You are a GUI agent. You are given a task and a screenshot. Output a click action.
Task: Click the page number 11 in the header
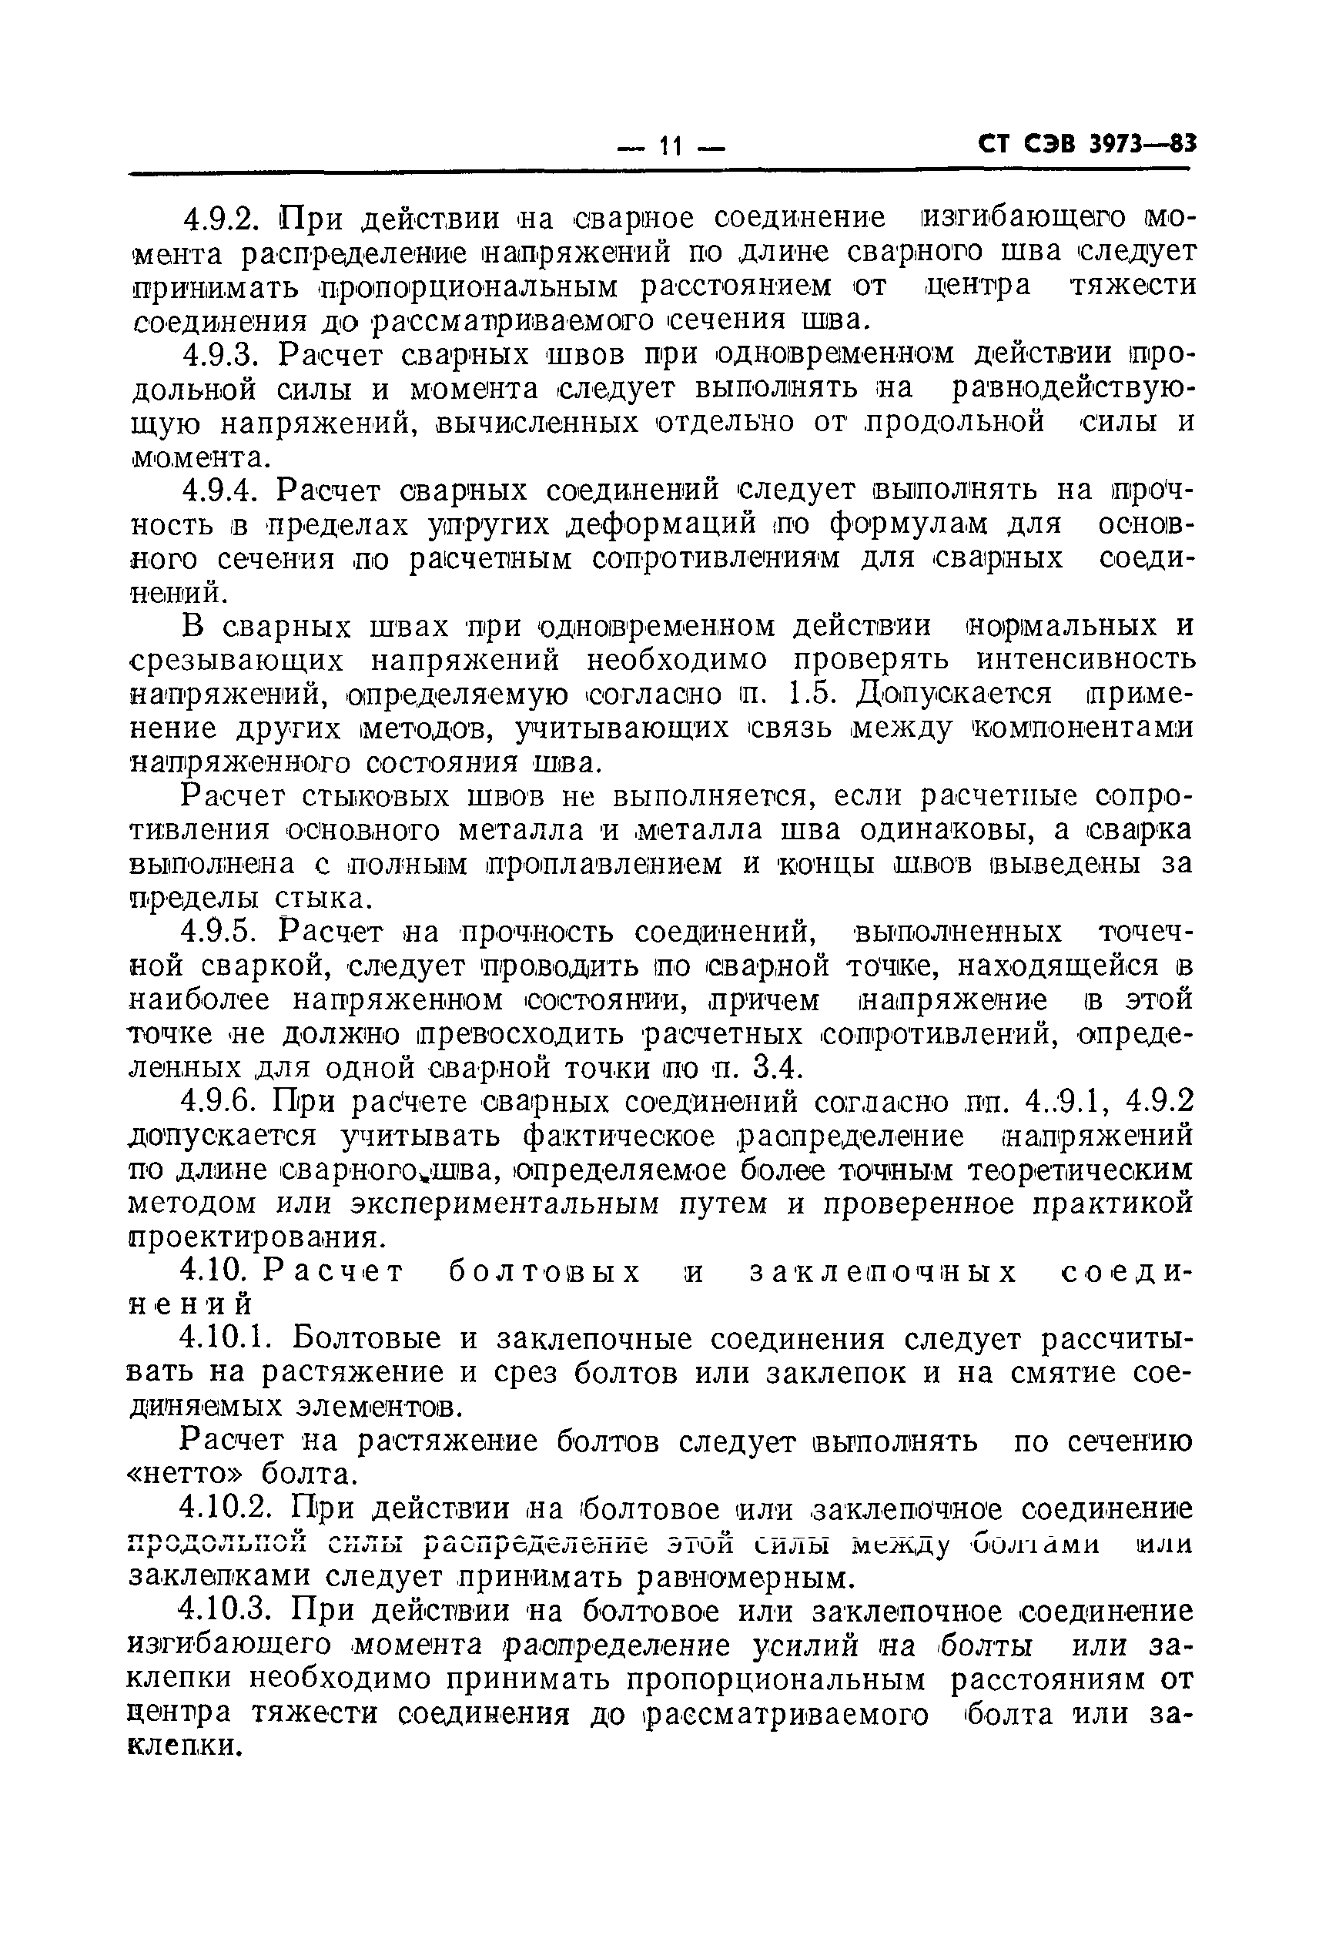pos(671,146)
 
